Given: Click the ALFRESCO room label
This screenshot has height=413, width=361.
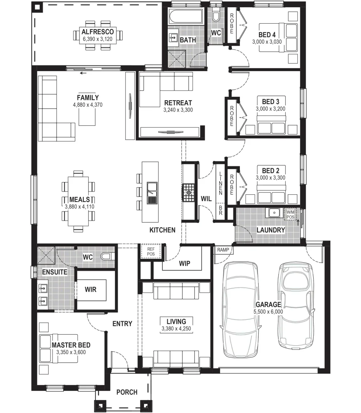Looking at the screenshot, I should pyautogui.click(x=97, y=32).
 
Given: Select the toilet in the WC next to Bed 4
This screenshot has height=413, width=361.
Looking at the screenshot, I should pyautogui.click(x=216, y=16).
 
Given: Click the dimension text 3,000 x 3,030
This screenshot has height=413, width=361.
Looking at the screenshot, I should pyautogui.click(x=267, y=42).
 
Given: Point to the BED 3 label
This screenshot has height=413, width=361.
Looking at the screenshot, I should pyautogui.click(x=270, y=102).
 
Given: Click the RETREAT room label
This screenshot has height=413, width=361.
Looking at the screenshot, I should pyautogui.click(x=178, y=103).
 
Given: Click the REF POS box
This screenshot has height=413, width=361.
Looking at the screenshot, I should pyautogui.click(x=151, y=251).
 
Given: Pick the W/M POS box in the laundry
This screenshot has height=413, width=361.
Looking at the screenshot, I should pyautogui.click(x=291, y=215).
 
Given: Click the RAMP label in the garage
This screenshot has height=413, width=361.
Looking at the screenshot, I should pyautogui.click(x=223, y=250).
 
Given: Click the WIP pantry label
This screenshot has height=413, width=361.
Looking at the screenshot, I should pyautogui.click(x=185, y=264).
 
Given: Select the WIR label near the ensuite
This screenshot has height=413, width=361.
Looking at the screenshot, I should pyautogui.click(x=91, y=289).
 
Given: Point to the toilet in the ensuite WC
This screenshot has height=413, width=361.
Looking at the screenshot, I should pyautogui.click(x=107, y=256).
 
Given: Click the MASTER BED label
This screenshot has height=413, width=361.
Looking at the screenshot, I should pyautogui.click(x=71, y=345).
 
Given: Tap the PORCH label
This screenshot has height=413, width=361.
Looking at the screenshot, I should pyautogui.click(x=127, y=392).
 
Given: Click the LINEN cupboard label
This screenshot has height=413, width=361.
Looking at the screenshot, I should pyautogui.click(x=220, y=183).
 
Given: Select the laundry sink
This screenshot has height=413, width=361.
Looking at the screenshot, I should pyautogui.click(x=274, y=213).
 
